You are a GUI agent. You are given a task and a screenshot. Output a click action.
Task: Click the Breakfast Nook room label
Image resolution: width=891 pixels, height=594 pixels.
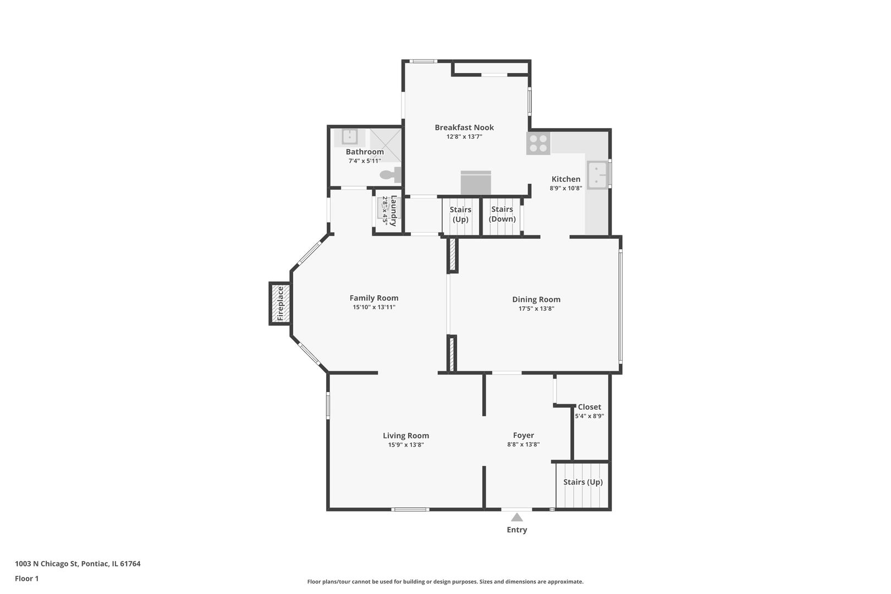(x=464, y=127)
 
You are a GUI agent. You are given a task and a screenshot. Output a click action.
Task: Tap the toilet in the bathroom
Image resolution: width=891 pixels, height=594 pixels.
(x=391, y=174)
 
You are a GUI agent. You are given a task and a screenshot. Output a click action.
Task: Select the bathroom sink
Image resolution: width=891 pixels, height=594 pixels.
(x=349, y=136)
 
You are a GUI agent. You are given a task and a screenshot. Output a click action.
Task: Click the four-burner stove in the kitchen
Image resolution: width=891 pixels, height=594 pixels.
(x=538, y=143)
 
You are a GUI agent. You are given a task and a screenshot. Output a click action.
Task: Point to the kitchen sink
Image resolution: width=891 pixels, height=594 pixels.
(x=597, y=175)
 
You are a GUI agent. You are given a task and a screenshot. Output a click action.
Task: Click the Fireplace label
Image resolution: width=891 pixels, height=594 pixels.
(x=280, y=304)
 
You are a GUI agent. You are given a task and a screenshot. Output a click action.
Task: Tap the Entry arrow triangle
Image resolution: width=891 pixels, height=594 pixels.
(x=516, y=517)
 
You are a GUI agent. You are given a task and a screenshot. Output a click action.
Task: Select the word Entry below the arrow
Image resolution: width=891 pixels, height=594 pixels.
(x=516, y=530)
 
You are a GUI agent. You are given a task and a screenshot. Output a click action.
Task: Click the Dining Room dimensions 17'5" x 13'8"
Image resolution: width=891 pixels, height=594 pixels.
(x=536, y=309)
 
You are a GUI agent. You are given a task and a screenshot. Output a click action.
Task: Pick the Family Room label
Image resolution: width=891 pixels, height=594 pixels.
(x=374, y=298)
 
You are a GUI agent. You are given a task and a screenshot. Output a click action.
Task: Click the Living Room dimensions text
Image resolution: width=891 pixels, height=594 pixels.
(x=406, y=445)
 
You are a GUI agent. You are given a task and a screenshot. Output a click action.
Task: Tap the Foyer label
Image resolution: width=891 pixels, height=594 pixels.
(x=524, y=435)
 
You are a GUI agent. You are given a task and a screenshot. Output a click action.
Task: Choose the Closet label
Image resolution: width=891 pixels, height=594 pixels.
(x=590, y=406)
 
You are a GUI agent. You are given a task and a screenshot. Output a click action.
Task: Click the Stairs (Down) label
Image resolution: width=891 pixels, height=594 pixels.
(x=502, y=214)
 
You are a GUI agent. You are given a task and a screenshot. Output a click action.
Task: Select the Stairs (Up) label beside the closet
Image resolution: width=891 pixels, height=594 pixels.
(x=583, y=482)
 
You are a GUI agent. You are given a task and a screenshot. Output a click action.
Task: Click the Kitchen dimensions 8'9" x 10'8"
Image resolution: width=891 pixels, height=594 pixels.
(x=566, y=188)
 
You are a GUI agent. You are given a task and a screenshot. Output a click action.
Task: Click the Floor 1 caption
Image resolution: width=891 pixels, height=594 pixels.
(x=26, y=579)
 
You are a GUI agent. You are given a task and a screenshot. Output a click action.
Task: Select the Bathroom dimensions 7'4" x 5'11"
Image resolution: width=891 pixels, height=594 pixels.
(x=365, y=161)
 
